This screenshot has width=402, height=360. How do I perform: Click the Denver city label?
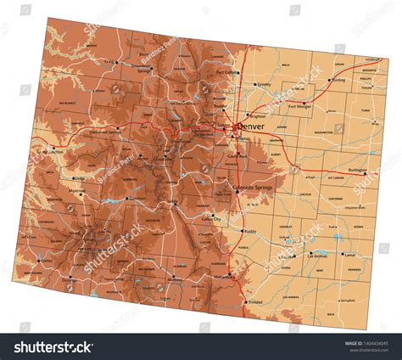250,127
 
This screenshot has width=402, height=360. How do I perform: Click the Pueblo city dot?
242,230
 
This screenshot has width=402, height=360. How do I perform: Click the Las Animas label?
315,256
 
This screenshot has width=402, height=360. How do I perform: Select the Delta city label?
80,178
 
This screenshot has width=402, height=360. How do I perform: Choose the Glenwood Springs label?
105,132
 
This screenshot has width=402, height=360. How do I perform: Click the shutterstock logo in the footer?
52,346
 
